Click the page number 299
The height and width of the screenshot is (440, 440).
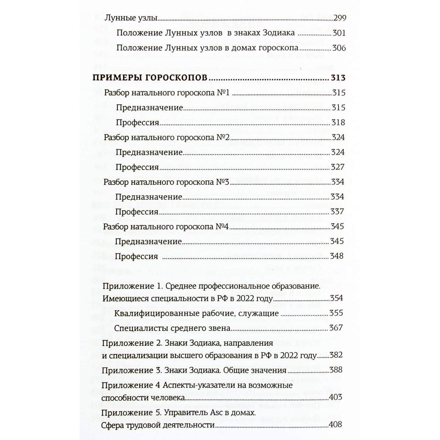340,18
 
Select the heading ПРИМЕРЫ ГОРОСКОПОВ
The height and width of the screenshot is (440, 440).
150,78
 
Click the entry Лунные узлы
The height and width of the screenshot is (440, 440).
131,18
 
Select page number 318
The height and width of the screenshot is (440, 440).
338,122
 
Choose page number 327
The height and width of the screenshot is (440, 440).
338,167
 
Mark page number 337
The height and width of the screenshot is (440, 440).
337,212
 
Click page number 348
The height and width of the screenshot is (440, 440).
337,256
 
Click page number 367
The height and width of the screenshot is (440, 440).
336,328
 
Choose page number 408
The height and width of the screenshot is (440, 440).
335,424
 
